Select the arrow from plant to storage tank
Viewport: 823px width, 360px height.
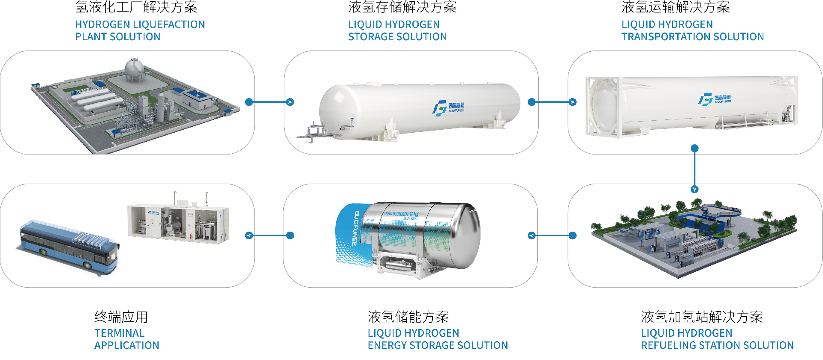(x=270, y=102)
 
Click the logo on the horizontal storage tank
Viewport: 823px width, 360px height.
(x=448, y=107)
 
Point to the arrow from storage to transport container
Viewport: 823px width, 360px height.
(x=552, y=102)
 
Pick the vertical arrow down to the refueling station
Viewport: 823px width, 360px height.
(x=695, y=169)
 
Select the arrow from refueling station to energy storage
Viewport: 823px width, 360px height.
(x=552, y=235)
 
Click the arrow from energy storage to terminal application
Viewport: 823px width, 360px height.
(x=270, y=235)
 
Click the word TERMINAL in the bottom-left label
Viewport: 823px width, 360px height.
(x=119, y=333)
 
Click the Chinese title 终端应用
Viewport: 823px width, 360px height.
(x=121, y=317)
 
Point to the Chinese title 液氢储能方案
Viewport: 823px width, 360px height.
(x=408, y=317)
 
